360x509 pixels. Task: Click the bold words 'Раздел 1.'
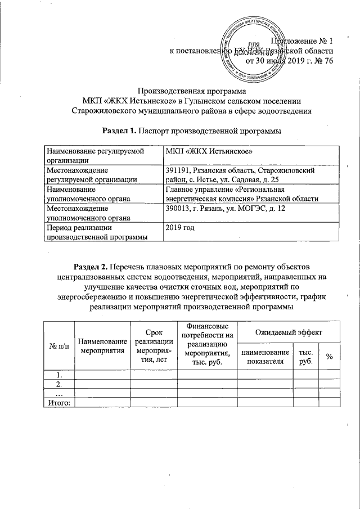[x=119, y=131]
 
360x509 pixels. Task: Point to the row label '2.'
[x=58, y=384]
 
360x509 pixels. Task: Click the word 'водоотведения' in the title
[x=280, y=111]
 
